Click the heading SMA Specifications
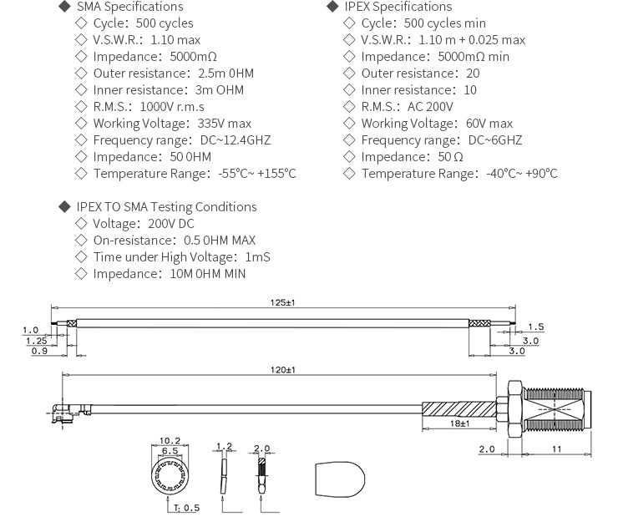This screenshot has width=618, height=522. pyautogui.click(x=129, y=7)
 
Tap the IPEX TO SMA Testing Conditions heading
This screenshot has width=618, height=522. pyautogui.click(x=166, y=207)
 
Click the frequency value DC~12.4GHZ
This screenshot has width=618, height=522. pyautogui.click(x=236, y=140)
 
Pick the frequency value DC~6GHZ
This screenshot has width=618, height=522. pyautogui.click(x=494, y=140)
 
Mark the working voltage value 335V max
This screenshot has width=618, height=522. pyautogui.click(x=219, y=124)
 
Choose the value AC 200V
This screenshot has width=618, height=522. pyautogui.click(x=430, y=107)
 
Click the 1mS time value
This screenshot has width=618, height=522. pyautogui.click(x=257, y=257)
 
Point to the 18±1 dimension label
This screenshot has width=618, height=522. pyautogui.click(x=459, y=423)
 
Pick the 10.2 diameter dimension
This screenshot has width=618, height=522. pyautogui.click(x=170, y=440)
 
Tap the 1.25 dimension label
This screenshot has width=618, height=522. pyautogui.click(x=36, y=341)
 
